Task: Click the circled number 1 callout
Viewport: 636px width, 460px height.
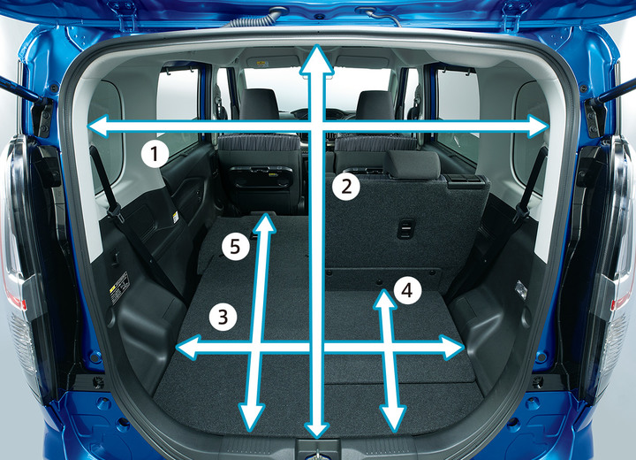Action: coord(155,155)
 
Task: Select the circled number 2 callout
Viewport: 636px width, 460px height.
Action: coord(346,187)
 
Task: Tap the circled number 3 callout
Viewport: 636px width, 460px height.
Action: coord(223,317)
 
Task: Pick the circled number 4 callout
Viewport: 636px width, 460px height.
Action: coord(407,290)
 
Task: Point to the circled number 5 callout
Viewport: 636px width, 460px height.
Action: coord(235,246)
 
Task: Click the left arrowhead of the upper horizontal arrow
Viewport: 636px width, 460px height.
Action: coord(98,126)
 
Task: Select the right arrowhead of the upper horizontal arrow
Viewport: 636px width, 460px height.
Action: coord(537,126)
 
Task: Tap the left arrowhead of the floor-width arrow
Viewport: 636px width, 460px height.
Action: coord(187,347)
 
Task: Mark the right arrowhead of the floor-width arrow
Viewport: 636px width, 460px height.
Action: coord(452,348)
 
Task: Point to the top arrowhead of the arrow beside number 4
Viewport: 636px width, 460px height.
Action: coord(384,299)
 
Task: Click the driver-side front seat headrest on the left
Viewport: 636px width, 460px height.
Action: coord(258,104)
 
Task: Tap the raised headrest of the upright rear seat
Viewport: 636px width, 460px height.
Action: coord(412,165)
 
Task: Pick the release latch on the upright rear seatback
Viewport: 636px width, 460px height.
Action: coord(405,229)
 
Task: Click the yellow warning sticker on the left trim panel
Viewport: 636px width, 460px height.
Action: coord(119,287)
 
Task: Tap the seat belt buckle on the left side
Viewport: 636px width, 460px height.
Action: coord(114,212)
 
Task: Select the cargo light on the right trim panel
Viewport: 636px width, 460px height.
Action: coord(521,289)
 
